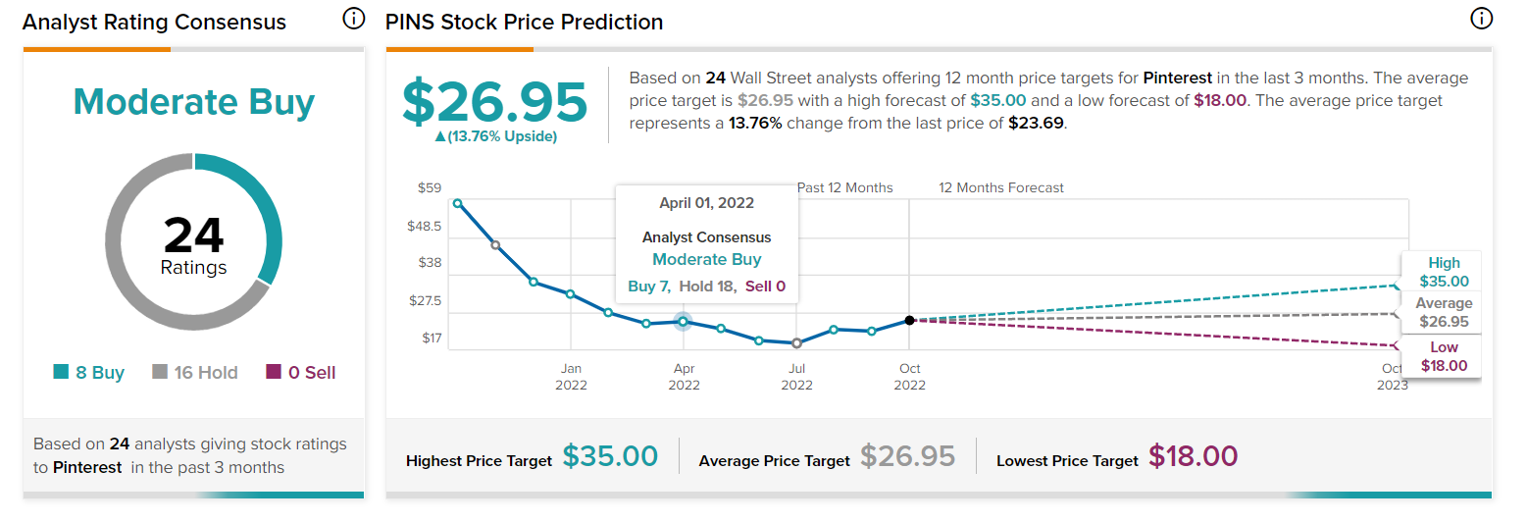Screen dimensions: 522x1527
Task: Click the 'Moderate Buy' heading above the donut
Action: (193, 102)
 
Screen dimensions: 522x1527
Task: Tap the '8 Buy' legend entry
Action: (89, 373)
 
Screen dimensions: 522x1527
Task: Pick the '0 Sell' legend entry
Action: (301, 373)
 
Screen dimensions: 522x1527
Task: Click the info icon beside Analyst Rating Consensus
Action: (354, 19)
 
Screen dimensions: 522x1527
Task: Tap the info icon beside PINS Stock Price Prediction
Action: (1481, 19)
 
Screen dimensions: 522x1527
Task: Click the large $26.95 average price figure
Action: (495, 100)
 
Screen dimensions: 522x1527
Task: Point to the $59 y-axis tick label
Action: (430, 187)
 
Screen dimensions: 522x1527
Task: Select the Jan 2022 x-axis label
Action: (571, 377)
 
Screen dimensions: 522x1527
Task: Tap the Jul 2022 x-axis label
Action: (796, 377)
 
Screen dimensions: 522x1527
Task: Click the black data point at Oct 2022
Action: (910, 320)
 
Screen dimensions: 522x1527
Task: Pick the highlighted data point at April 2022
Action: (684, 321)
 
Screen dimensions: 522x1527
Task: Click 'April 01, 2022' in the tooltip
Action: (706, 203)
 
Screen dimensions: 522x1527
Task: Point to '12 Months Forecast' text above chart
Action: (1001, 187)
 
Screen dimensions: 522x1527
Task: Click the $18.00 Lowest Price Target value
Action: (1193, 456)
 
